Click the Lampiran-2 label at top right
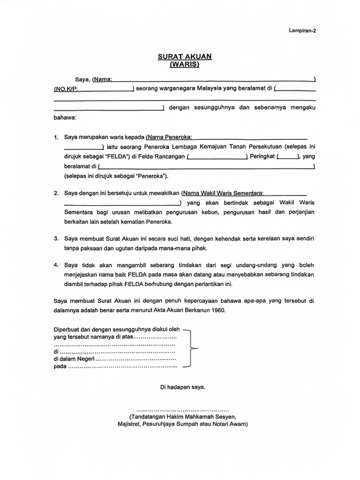(301, 31)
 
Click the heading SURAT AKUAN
(184, 56)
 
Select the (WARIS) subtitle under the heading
(184, 64)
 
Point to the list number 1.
(56, 137)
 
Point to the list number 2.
(56, 193)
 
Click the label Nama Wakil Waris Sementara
(223, 193)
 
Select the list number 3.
(56, 239)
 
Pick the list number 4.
(56, 265)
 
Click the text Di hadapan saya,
(183, 387)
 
